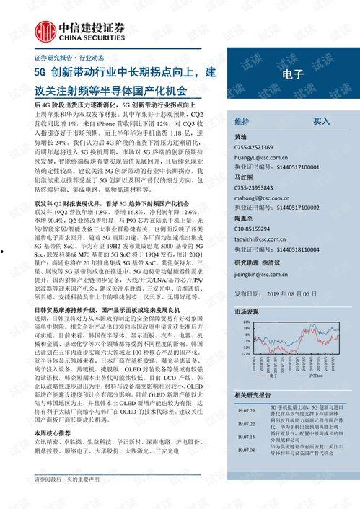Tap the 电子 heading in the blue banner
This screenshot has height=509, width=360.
pyautogui.click(x=293, y=94)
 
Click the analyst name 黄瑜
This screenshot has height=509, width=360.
pyautogui.click(x=241, y=137)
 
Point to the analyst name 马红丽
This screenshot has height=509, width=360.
pyautogui.click(x=244, y=175)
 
